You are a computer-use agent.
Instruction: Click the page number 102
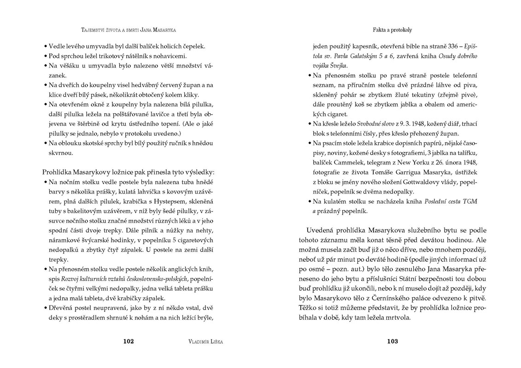128,341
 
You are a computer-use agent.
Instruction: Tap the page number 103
392,341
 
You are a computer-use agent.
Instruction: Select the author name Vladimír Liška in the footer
203,342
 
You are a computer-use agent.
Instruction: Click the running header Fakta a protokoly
392,30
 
